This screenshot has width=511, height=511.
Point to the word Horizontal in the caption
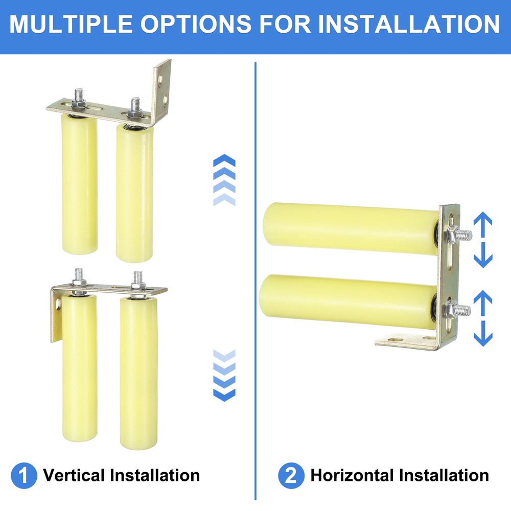(353, 476)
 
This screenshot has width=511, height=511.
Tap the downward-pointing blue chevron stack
(224, 375)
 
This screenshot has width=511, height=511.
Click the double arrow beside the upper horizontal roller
(483, 240)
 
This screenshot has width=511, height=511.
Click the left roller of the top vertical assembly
(80, 184)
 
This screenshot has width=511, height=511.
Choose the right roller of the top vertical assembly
(134, 192)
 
